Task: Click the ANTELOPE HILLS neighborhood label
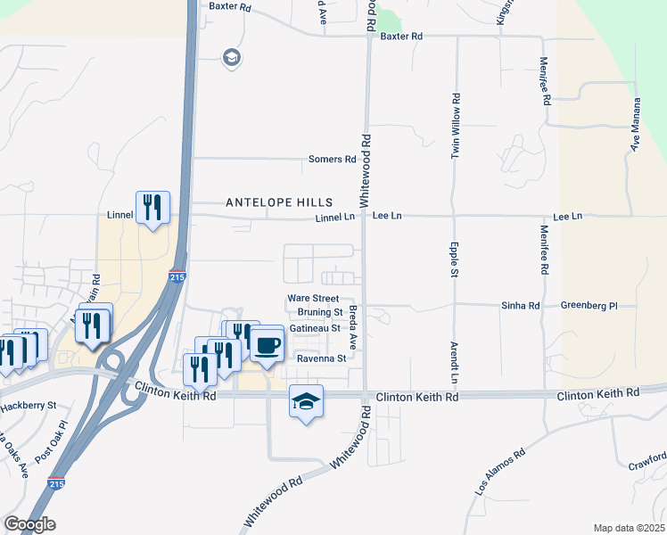(279, 202)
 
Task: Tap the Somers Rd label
(332, 160)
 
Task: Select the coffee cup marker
(266, 344)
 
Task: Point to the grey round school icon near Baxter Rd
(232, 59)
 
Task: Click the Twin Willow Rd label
(455, 126)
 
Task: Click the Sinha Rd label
(523, 306)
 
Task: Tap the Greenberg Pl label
(589, 306)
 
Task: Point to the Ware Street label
(313, 298)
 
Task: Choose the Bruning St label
(320, 313)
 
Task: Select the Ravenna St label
(321, 358)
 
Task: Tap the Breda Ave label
(353, 327)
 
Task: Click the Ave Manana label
(637, 130)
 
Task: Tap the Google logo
(29, 524)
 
